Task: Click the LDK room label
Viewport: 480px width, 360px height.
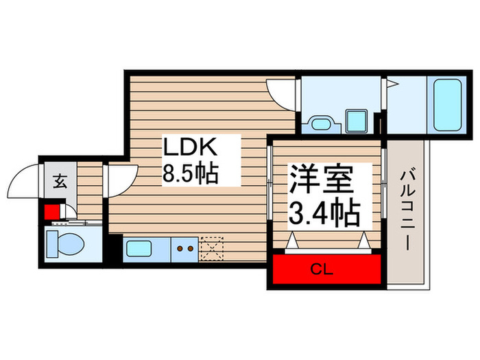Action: coord(189,147)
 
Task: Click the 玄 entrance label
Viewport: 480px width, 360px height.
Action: coord(60,182)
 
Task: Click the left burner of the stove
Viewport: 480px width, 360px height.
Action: coord(180,248)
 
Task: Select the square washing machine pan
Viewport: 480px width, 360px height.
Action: coord(356,121)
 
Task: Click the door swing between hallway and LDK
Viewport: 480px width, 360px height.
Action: coord(118,180)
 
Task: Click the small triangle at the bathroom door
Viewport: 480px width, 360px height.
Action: coord(393,86)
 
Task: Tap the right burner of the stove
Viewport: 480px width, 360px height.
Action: coord(190,248)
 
